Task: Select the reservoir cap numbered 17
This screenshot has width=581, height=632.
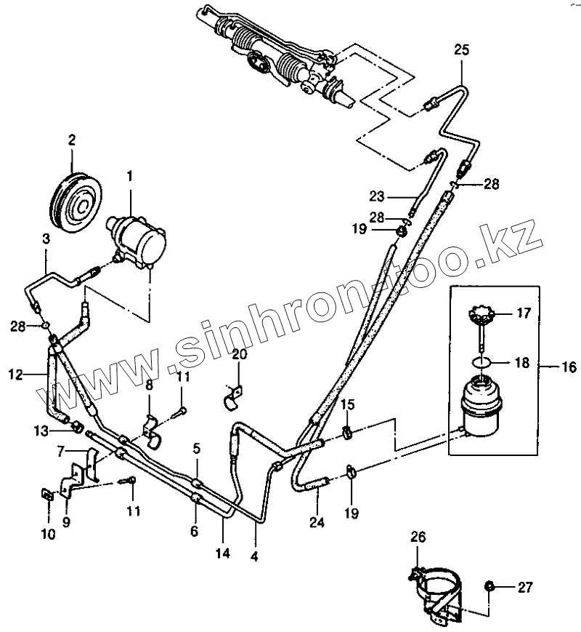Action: coord(480,314)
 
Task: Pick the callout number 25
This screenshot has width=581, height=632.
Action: coord(462,50)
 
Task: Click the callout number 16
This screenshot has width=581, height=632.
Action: coord(569,368)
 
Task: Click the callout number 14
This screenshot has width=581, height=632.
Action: coord(222,553)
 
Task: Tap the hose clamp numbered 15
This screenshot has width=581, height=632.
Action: coord(348,435)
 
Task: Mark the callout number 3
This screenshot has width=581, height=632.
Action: coord(46,238)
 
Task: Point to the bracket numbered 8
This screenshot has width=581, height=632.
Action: coord(152,429)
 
